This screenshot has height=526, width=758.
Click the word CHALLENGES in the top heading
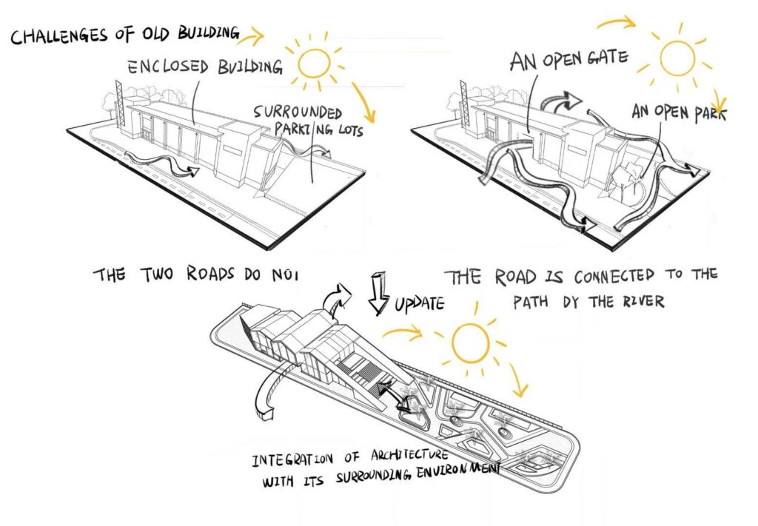[58, 36]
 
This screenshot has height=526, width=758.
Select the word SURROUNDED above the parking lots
[298, 112]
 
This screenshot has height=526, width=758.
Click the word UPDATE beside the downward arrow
[420, 304]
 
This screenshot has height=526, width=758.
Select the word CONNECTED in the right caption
[614, 277]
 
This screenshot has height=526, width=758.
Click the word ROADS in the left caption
[210, 274]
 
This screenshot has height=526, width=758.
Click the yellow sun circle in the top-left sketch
[314, 64]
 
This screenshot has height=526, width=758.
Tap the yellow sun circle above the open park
[677, 58]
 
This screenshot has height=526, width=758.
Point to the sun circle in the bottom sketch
[470, 343]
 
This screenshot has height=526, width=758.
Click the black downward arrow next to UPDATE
[378, 293]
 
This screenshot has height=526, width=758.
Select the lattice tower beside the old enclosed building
[120, 104]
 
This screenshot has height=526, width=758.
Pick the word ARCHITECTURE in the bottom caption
[409, 456]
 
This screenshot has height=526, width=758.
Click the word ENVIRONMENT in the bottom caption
[457, 471]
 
